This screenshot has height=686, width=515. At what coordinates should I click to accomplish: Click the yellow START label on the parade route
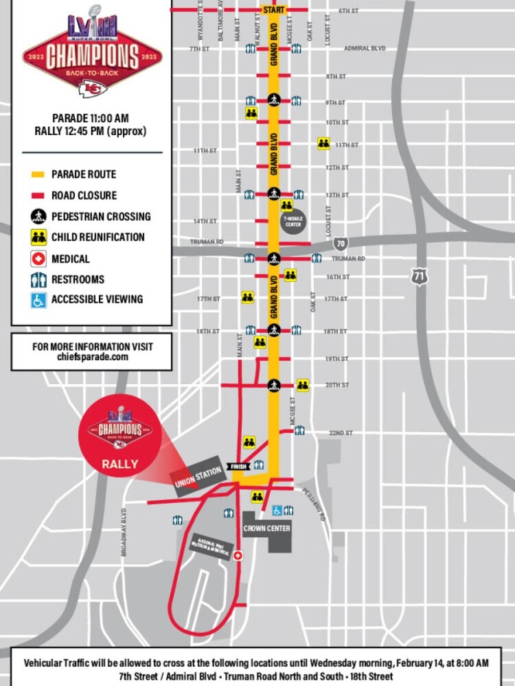273,10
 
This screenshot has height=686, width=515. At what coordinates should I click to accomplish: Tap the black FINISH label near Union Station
239,467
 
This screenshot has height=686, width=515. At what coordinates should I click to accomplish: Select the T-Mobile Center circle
293,222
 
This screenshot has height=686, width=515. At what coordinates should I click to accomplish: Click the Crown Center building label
266,528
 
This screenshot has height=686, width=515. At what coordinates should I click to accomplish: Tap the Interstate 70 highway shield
341,244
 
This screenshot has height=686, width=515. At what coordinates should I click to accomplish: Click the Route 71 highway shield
420,276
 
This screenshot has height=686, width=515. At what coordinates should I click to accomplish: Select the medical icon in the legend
38,259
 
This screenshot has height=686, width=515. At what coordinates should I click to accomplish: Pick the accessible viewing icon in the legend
38,299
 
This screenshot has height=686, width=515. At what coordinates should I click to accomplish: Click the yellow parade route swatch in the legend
38,175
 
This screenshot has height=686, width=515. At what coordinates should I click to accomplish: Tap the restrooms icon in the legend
38,279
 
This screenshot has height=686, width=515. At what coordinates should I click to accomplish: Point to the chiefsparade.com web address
92,357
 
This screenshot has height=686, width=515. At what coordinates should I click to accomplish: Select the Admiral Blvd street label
364,49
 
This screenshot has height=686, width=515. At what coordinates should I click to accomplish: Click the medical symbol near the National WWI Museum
238,556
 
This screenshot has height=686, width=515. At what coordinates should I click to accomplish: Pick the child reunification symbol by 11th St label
323,143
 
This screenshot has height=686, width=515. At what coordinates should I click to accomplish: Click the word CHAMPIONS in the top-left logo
92,56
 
